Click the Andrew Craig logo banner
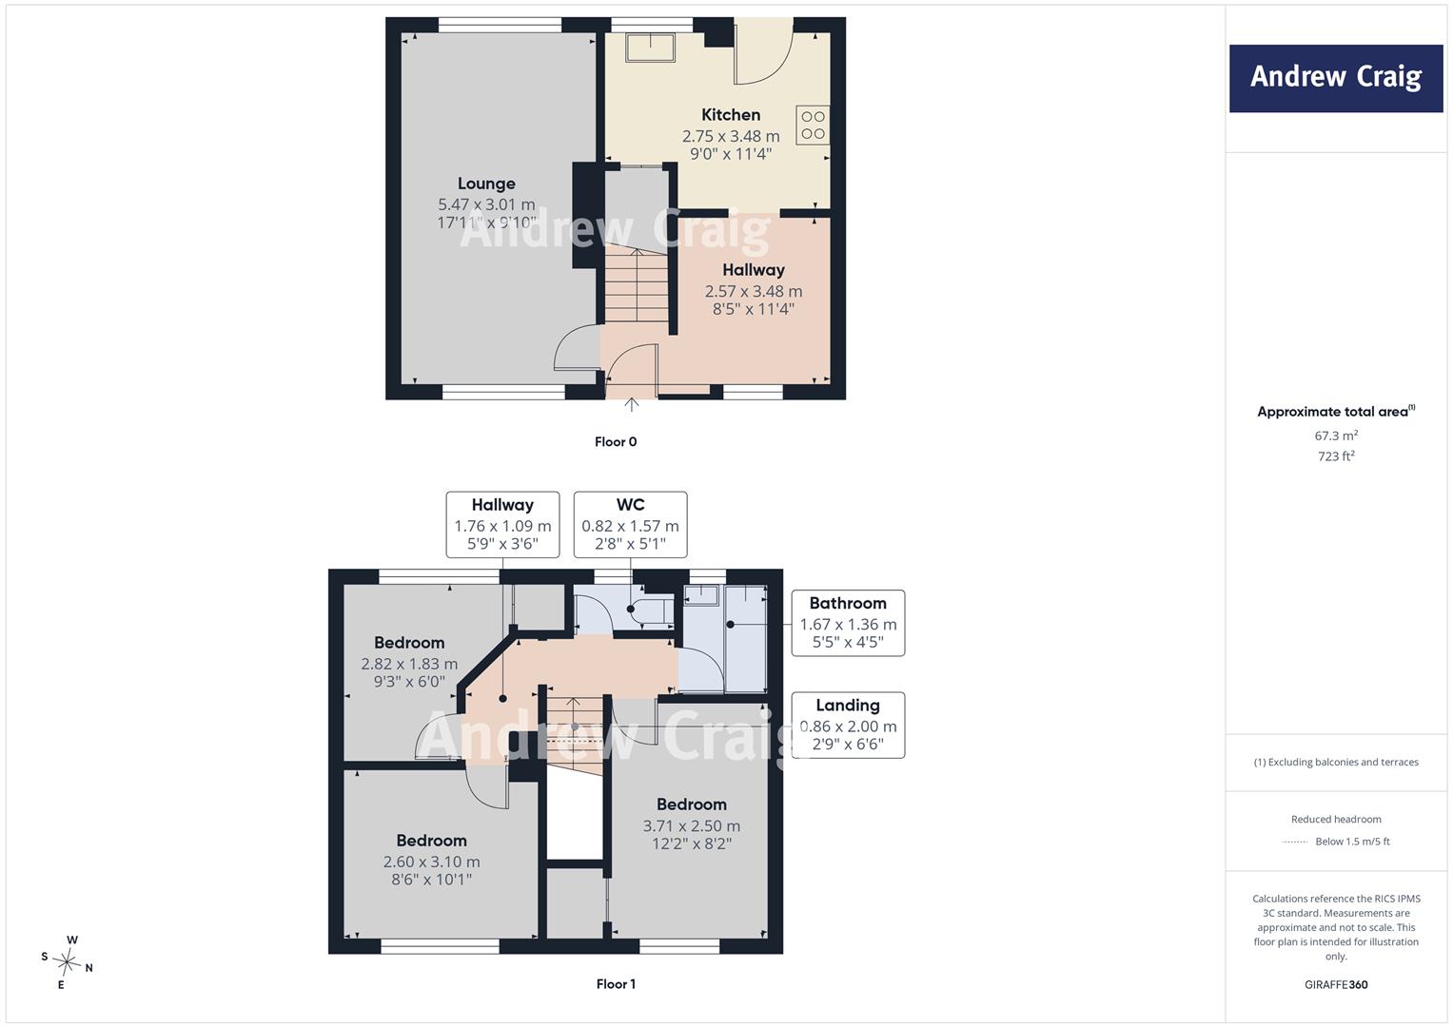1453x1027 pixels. coord(1336,78)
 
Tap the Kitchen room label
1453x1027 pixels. coord(731,115)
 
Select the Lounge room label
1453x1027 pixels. coord(486,184)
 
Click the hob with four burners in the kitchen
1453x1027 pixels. coord(813,126)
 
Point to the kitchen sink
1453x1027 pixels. coord(651,48)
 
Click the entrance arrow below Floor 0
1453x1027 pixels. coord(631,404)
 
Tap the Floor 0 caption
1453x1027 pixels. coord(616,441)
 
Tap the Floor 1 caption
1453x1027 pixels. coord(616,983)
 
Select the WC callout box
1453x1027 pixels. coord(631,525)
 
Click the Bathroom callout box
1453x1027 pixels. coord(848,623)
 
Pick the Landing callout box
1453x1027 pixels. coord(848,725)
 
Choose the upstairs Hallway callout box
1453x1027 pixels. coord(502,525)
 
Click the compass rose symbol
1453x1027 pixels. coord(68,962)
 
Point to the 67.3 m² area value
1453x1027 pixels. coord(1336,436)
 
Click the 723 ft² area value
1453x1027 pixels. coord(1336,456)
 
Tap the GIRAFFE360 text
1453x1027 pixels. coord(1336,984)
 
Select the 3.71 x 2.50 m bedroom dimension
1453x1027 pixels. coord(692,826)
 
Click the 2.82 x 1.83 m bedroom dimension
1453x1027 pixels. coord(409,664)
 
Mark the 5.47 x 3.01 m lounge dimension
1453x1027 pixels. coord(486,204)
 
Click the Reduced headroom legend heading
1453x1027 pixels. coord(1336,819)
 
